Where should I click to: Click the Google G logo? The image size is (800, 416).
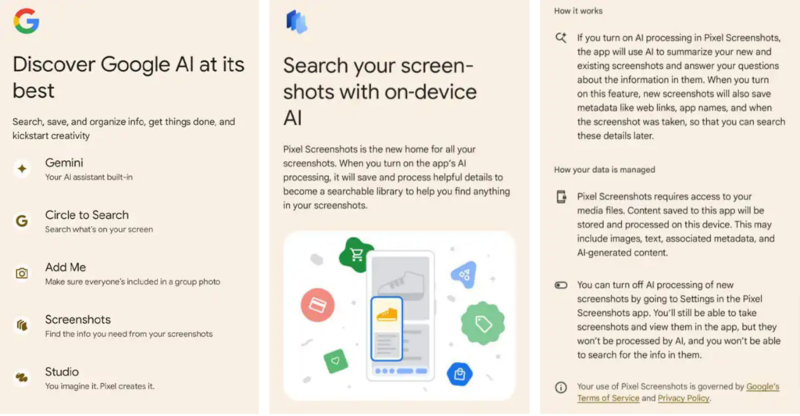coord(27,21)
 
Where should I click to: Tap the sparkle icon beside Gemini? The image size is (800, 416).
coord(22,168)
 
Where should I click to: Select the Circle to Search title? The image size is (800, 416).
coord(87,215)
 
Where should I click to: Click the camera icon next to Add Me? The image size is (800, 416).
coord(22,273)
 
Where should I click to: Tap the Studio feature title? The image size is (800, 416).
coord(62,371)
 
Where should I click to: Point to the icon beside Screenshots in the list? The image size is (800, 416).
coord(22,325)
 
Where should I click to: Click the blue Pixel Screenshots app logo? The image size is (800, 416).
coord(296,22)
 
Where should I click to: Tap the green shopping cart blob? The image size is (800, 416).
coord(356,254)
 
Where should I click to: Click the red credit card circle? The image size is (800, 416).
coord(317,305)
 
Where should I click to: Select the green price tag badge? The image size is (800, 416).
coord(483,323)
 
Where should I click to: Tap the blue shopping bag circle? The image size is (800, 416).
coord(459,374)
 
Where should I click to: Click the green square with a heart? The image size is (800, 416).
coord(336,360)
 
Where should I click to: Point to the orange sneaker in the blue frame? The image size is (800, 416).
coord(387,314)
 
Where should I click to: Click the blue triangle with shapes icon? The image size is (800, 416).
coord(464,274)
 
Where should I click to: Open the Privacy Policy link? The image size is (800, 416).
coord(683,398)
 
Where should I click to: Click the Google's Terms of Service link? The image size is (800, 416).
coord(678,392)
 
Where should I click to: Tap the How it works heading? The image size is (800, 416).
coord(578,11)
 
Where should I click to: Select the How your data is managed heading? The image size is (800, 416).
coord(605,170)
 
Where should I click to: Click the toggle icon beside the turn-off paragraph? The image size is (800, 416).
coord(561,285)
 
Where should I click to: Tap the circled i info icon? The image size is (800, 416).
coord(561,387)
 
